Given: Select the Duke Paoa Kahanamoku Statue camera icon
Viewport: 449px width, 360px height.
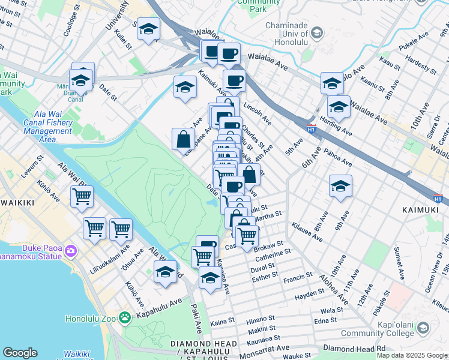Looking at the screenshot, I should coord(71,249).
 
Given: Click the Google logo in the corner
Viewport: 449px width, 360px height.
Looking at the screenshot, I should coord(20,353).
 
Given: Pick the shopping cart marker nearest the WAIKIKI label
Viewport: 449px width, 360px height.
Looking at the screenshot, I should coord(82,196).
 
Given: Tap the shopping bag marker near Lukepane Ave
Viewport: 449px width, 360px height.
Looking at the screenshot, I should coord(183,139).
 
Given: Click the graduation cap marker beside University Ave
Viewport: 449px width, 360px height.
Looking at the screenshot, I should coord(148,29).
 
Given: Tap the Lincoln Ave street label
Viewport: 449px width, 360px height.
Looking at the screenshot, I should coord(258,116).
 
